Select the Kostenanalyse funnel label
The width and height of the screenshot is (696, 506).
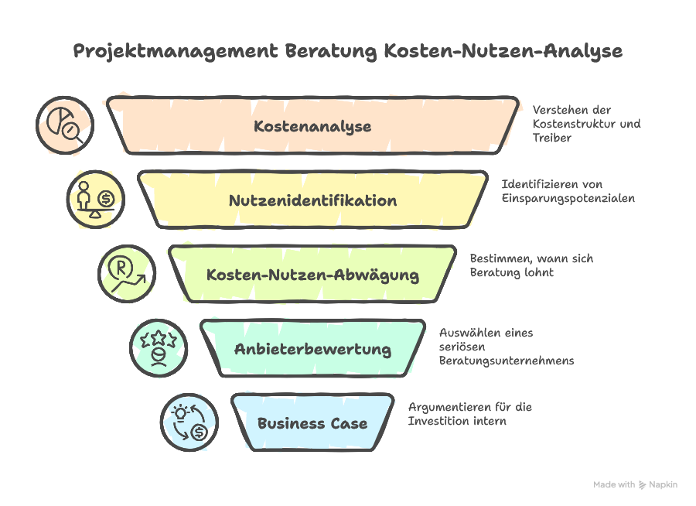pyautogui.click(x=312, y=126)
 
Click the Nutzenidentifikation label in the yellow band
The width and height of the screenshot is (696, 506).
pyautogui.click(x=312, y=200)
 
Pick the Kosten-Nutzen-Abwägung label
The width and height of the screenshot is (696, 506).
pyautogui.click(x=312, y=275)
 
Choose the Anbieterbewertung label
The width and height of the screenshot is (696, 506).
pyautogui.click(x=312, y=349)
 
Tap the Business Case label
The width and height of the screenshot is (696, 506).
pyautogui.click(x=312, y=423)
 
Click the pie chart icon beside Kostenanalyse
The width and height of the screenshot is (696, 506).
pyautogui.click(x=66, y=125)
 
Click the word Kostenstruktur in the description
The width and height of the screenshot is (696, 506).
pyautogui.click(x=575, y=124)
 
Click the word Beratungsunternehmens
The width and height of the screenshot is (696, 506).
pyautogui.click(x=507, y=361)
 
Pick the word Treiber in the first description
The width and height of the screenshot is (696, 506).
pyautogui.click(x=551, y=138)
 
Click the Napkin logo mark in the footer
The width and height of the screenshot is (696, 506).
pyautogui.click(x=641, y=484)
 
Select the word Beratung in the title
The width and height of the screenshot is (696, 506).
pyautogui.click(x=330, y=52)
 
